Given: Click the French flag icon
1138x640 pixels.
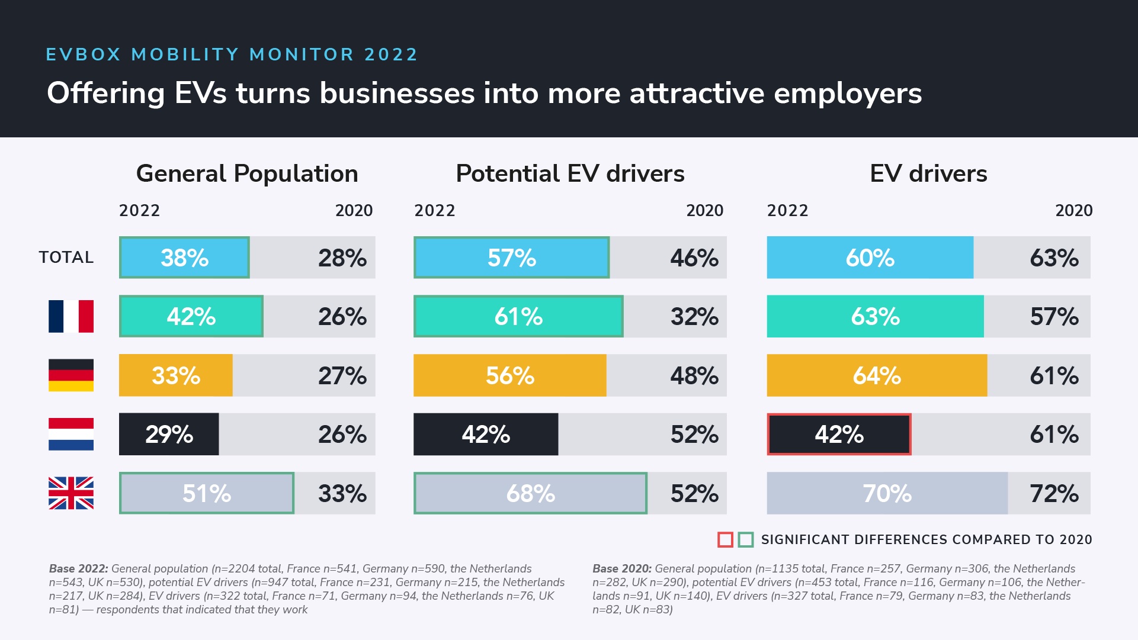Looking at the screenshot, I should pyautogui.click(x=71, y=316).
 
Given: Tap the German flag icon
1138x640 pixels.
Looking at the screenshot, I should pyautogui.click(x=71, y=375).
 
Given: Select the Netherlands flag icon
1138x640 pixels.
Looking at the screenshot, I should pyautogui.click(x=71, y=434).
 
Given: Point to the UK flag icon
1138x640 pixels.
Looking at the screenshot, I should pyautogui.click(x=71, y=493).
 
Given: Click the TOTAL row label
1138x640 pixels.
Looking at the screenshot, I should pyautogui.click(x=66, y=258).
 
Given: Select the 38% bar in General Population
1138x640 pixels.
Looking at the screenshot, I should pyautogui.click(x=184, y=258).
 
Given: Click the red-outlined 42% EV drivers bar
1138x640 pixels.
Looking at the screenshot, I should pyautogui.click(x=839, y=434).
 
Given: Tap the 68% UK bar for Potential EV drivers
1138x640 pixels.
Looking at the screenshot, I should pyautogui.click(x=530, y=493).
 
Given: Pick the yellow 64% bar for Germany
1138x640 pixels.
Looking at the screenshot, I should pyautogui.click(x=877, y=375).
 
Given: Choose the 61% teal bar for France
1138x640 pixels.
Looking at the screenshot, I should pyautogui.click(x=518, y=316).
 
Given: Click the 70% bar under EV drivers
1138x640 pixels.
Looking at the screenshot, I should pyautogui.click(x=887, y=493).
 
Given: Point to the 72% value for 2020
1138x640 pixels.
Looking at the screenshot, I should pyautogui.click(x=1054, y=493).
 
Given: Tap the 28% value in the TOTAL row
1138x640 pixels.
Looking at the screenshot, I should pyautogui.click(x=342, y=258).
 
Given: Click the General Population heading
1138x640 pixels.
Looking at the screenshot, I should pyautogui.click(x=247, y=173).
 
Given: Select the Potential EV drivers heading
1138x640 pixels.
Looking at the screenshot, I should pyautogui.click(x=570, y=173).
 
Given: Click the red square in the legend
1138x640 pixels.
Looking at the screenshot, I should pyautogui.click(x=725, y=539).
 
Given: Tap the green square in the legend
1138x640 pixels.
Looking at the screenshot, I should pyautogui.click(x=746, y=539).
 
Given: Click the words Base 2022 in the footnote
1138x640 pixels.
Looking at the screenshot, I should pyautogui.click(x=78, y=568).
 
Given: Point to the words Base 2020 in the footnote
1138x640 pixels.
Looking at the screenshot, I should pyautogui.click(x=621, y=568).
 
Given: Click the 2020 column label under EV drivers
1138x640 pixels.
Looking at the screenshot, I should pyautogui.click(x=1073, y=211).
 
